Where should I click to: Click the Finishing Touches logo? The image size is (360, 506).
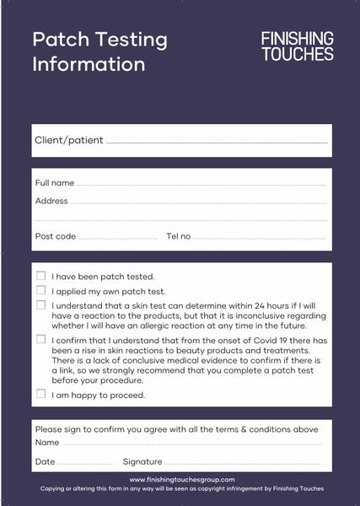(297, 46)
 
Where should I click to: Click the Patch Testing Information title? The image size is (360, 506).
(99, 51)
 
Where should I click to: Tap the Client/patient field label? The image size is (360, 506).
(68, 141)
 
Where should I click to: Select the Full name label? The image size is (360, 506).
(54, 183)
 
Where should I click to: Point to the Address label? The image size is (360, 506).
(51, 202)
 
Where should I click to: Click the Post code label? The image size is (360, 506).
(55, 236)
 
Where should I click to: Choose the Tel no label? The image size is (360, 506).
(178, 236)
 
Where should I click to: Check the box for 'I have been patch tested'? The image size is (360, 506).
(40, 276)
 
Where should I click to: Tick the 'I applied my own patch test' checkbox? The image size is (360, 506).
(40, 290)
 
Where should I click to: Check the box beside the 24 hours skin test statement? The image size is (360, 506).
(40, 304)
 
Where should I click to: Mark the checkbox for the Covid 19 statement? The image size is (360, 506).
(40, 339)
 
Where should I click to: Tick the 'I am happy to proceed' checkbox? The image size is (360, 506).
(40, 394)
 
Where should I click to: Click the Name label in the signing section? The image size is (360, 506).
(47, 443)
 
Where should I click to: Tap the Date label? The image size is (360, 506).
(46, 462)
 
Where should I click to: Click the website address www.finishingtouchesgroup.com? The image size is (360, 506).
(182, 479)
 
